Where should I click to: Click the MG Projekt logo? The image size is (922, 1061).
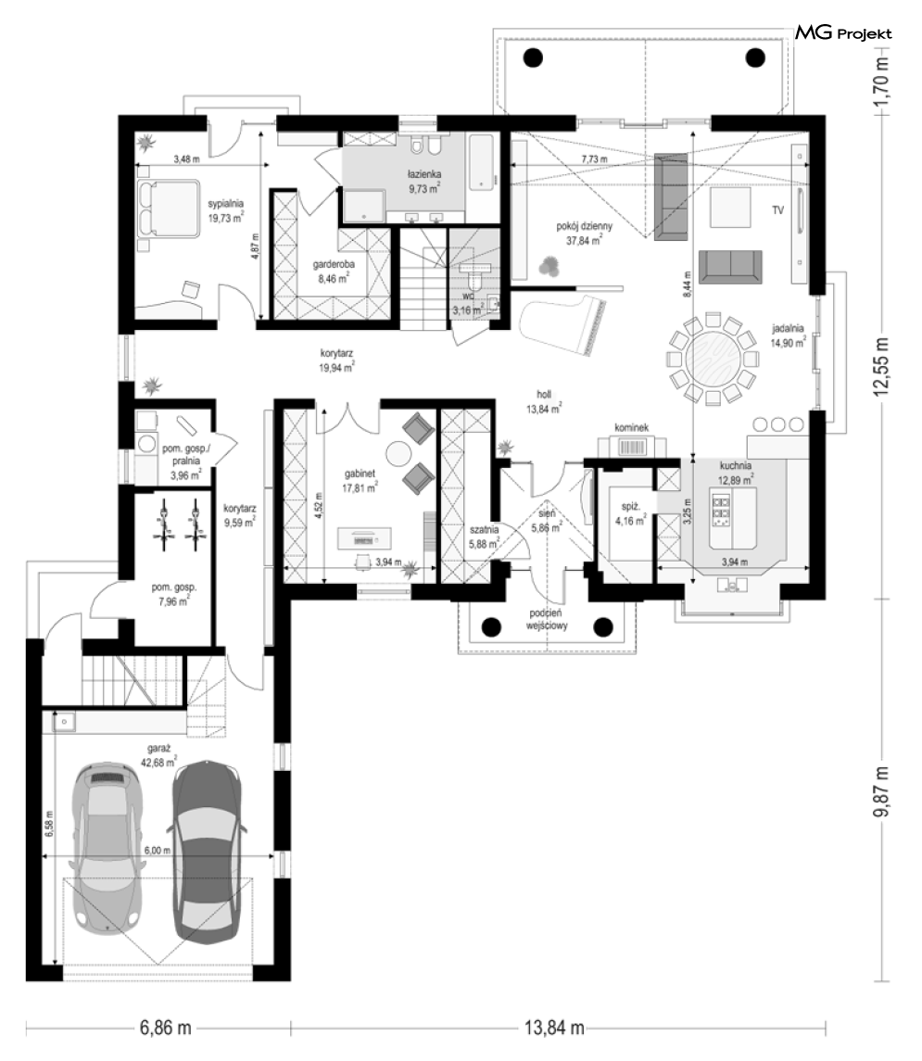(843, 32)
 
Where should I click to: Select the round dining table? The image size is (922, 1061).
(712, 359)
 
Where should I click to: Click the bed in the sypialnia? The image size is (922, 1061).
(168, 208)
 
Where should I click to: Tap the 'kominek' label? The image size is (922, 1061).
(632, 428)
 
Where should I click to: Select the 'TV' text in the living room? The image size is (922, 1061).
(778, 210)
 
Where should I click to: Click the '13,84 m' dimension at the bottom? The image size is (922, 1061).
(555, 1027)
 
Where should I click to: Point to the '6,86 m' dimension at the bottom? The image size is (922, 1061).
(166, 1027)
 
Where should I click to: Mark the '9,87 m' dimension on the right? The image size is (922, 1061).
(881, 792)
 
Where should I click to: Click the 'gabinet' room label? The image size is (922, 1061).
(360, 474)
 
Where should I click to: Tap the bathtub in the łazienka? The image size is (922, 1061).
(482, 162)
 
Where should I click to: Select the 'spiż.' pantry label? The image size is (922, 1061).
(630, 507)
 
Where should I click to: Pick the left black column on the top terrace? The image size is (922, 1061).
(533, 57)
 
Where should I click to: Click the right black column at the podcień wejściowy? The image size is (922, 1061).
(602, 627)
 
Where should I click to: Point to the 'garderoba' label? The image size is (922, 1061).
(334, 265)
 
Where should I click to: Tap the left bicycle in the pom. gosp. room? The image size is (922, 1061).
(163, 524)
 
